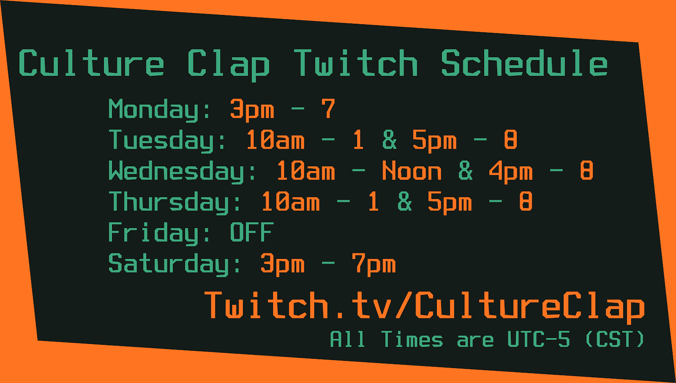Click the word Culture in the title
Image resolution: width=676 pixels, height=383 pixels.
coord(91,63)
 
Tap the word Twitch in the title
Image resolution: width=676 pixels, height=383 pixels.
coord(356,63)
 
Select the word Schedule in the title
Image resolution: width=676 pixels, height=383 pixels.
coord(524,63)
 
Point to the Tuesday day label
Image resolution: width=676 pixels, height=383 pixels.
coord(167,141)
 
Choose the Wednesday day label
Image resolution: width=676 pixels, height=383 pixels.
coord(182,172)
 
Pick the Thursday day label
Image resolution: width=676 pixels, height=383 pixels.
coord(175,202)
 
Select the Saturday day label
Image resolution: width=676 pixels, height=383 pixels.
coord(175,264)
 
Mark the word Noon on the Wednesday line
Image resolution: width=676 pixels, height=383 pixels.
coord(412,171)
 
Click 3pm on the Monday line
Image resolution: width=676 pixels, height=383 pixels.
coord(252,110)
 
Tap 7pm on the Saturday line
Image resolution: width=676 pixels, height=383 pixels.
coord(374,264)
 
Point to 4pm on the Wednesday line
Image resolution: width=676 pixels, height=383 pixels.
coord(511,172)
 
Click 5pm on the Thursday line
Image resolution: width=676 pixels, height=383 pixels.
coord(449,202)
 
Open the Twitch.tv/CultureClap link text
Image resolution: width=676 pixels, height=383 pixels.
coord(425,307)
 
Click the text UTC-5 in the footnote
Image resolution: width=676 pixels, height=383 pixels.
coord(539,339)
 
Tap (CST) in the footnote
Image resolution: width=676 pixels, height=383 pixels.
coord(615,339)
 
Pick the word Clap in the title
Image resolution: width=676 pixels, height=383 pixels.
coord(228,65)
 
